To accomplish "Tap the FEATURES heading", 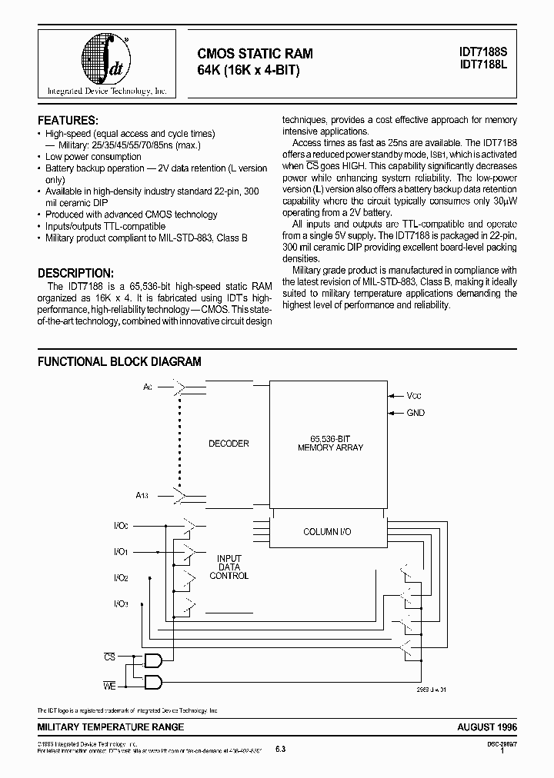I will [x=68, y=121].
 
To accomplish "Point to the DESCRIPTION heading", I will [x=75, y=273].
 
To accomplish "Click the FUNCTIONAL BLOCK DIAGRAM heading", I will [x=119, y=361].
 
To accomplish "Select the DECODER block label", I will [x=229, y=444].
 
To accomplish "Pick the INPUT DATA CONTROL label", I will [x=229, y=567].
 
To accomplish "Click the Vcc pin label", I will [x=415, y=395].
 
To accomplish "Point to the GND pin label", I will [x=415, y=413].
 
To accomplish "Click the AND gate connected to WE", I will [x=153, y=682].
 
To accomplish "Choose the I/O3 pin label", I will [x=121, y=603].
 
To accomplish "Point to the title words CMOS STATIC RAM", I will [x=256, y=54].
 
